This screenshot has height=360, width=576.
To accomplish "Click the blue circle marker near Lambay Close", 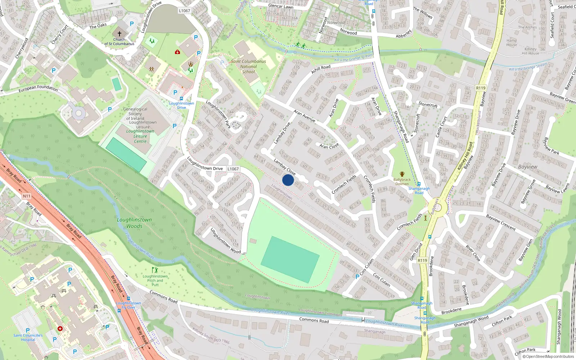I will click(x=288, y=180).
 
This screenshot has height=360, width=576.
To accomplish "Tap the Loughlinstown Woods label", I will click(x=134, y=223).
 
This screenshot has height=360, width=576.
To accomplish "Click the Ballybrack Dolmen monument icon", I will click(x=402, y=174).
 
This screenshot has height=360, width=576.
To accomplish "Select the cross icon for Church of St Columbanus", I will click(x=120, y=33).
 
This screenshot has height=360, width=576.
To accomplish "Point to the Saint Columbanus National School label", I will click(x=248, y=66).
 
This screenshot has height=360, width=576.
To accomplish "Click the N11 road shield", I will click(x=27, y=196).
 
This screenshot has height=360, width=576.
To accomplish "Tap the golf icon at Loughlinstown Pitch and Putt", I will click(x=155, y=270).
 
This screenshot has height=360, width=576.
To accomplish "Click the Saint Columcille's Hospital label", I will click(x=28, y=337).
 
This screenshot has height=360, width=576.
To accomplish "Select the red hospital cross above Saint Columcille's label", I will click(x=60, y=329).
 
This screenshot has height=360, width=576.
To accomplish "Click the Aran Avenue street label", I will click(x=305, y=116).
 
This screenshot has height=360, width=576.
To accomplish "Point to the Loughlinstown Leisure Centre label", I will click(x=140, y=136).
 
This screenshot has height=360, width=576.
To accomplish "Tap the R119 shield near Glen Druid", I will click(x=422, y=260).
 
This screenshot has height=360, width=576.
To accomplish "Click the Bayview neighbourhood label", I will click(x=527, y=167).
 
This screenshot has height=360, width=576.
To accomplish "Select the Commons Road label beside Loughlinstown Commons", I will click(x=314, y=320).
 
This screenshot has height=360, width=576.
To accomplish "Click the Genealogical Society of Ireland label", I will click(x=135, y=114).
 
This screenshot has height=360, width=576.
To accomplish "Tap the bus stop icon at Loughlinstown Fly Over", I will click(x=129, y=298).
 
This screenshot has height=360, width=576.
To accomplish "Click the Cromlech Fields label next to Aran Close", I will click(x=344, y=184).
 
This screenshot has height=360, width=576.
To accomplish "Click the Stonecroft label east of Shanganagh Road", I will click(x=428, y=105).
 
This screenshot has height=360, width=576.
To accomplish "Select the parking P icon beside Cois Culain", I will click(x=357, y=277).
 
